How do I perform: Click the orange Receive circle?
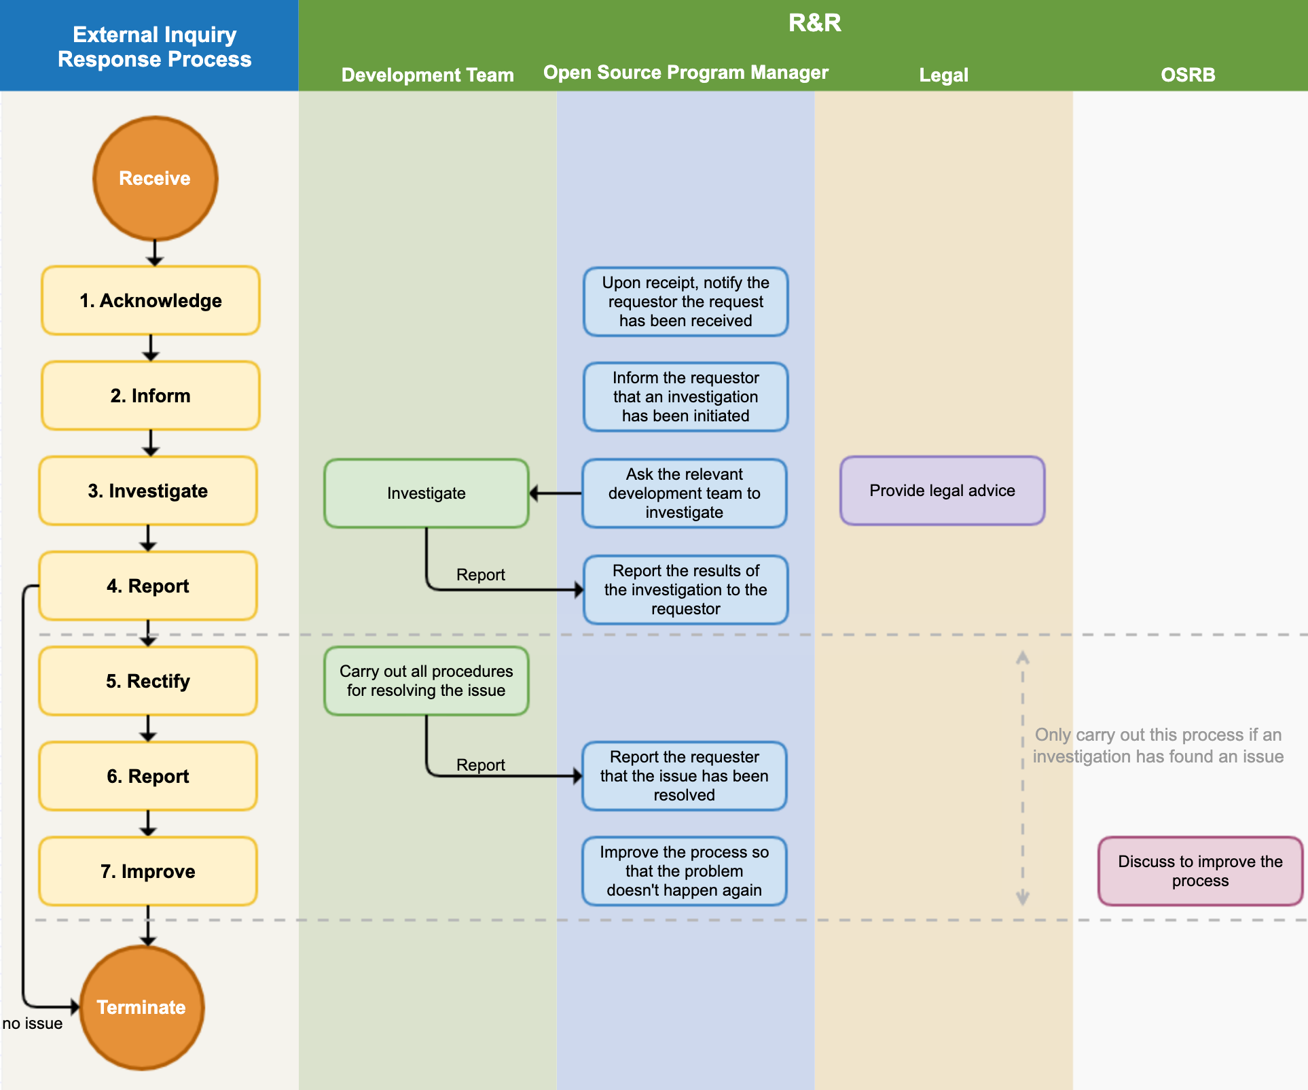tap(155, 178)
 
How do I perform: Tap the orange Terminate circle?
tap(141, 1007)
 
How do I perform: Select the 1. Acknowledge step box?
tap(150, 300)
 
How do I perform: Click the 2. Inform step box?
tap(150, 395)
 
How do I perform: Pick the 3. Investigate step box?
tap(148, 491)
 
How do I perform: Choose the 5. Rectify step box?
tap(148, 681)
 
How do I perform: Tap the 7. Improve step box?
tap(148, 871)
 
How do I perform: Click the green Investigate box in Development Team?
tap(426, 493)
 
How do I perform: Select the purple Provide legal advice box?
tap(942, 491)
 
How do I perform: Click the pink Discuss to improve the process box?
tap(1200, 871)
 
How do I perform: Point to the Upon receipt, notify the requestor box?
tap(685, 302)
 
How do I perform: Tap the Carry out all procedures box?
tap(426, 681)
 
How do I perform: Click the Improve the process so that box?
tap(684, 871)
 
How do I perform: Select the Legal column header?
tap(943, 75)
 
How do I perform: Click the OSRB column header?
tap(1188, 75)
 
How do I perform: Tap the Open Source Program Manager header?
tap(685, 73)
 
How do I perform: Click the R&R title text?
tap(814, 23)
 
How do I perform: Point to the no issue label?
tap(33, 1023)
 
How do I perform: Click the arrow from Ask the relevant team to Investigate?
tap(556, 493)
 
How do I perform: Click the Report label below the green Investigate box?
tap(480, 575)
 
